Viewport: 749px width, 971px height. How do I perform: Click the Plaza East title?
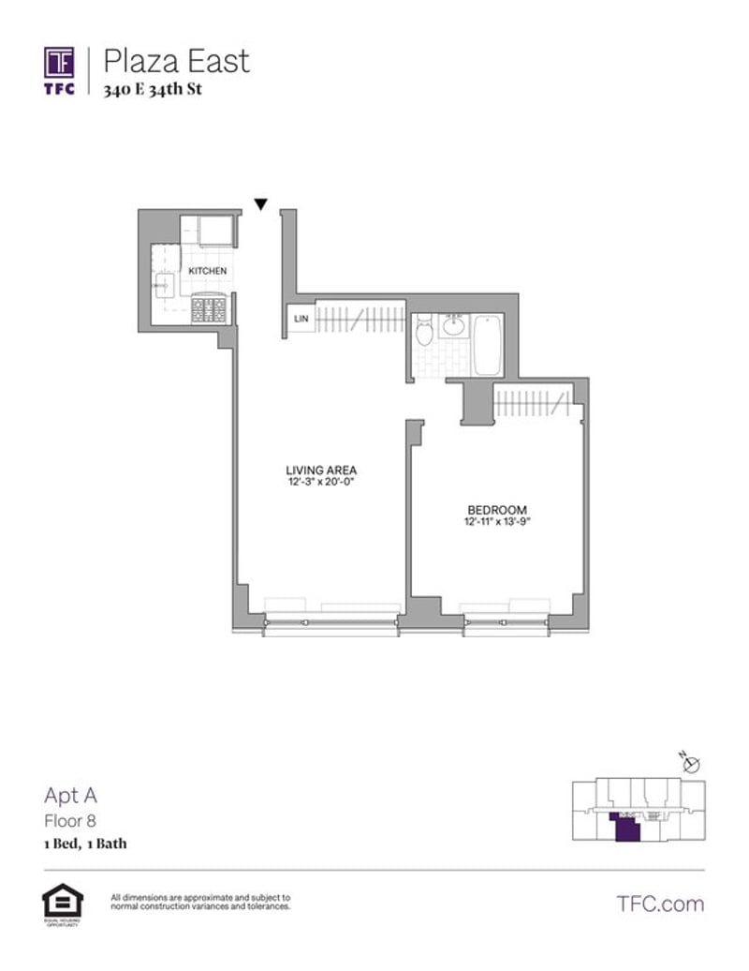(x=176, y=61)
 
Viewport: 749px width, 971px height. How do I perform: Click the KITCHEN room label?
(x=207, y=271)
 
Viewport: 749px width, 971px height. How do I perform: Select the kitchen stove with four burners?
(x=209, y=309)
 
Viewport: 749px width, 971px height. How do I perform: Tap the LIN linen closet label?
(x=301, y=320)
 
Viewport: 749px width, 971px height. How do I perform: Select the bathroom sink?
(x=455, y=326)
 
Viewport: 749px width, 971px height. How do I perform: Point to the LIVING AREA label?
(x=322, y=470)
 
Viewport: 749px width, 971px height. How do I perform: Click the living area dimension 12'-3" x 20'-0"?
(x=322, y=482)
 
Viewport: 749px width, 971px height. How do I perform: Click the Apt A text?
(x=71, y=797)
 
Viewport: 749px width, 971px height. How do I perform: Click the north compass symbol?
(x=691, y=764)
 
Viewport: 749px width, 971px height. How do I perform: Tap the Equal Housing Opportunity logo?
(x=63, y=904)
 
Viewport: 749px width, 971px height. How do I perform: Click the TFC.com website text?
(x=660, y=904)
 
